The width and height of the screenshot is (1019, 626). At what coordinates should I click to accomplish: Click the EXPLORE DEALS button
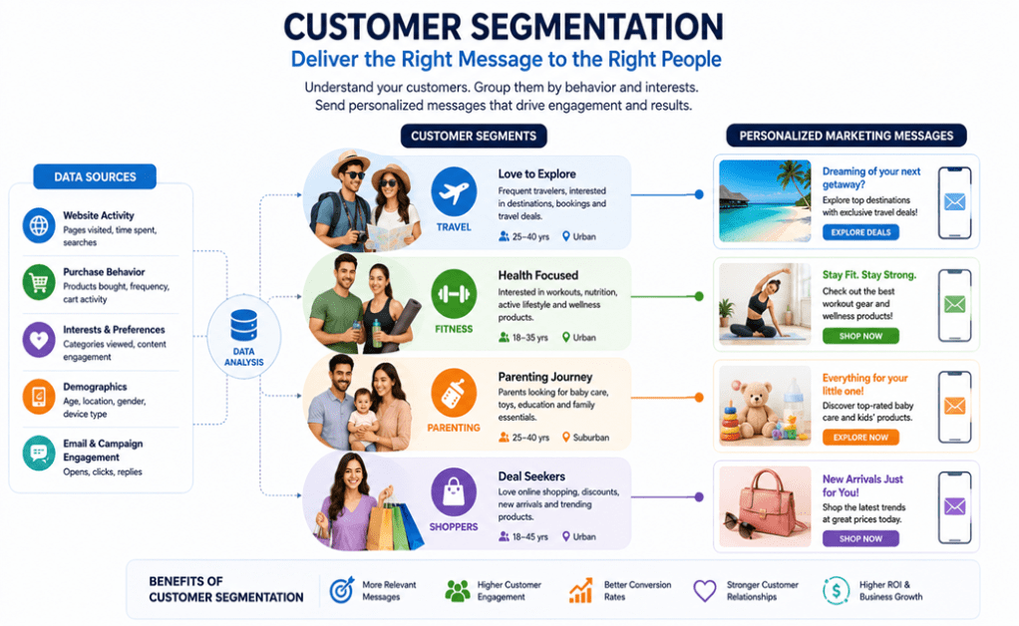pyautogui.click(x=860, y=232)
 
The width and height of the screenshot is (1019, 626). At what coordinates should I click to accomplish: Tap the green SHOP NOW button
pyautogui.click(x=860, y=336)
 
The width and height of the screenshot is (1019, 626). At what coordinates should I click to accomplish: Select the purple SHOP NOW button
pyautogui.click(x=860, y=538)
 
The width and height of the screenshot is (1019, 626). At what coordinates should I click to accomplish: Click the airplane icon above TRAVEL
pyautogui.click(x=454, y=191)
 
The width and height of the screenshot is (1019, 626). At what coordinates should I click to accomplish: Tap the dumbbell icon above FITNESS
pyautogui.click(x=454, y=293)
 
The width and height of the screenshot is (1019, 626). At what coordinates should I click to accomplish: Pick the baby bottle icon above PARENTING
pyautogui.click(x=454, y=393)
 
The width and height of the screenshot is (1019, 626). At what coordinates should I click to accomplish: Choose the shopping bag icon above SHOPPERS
pyautogui.click(x=454, y=490)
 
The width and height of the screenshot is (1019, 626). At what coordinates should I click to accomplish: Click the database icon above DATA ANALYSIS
pyautogui.click(x=243, y=325)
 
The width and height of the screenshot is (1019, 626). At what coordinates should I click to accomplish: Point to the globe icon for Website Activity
pyautogui.click(x=39, y=225)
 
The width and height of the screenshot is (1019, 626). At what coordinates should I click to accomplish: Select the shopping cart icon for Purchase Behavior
pyautogui.click(x=39, y=282)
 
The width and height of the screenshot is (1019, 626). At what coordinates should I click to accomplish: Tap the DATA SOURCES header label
pyautogui.click(x=95, y=176)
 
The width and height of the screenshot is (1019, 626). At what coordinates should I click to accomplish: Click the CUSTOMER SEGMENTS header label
pyautogui.click(x=474, y=137)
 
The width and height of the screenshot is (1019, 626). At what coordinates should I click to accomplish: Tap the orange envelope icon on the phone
pyautogui.click(x=954, y=407)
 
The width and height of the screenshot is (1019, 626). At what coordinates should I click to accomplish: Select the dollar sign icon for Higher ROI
pyautogui.click(x=836, y=591)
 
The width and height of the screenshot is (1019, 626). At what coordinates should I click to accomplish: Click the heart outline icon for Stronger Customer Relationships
pyautogui.click(x=705, y=591)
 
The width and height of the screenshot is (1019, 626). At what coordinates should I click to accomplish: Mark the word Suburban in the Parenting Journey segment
pyautogui.click(x=590, y=438)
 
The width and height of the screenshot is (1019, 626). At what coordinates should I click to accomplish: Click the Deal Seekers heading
pyautogui.click(x=531, y=476)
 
